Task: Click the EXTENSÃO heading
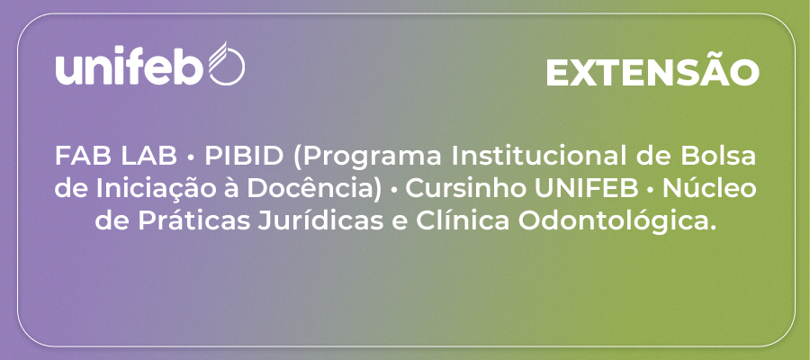[x=652, y=72]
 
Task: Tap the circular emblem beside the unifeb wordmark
[x=227, y=64]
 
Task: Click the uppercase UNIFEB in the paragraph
[x=586, y=190]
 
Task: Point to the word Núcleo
[x=710, y=189]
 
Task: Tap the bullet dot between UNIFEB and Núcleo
[x=651, y=190]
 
